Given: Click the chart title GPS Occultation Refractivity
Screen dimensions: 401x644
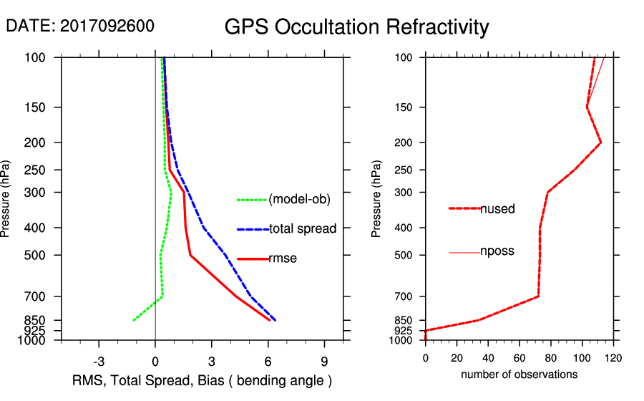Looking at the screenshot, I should (356, 27).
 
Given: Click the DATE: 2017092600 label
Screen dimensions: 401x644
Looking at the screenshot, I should (79, 26).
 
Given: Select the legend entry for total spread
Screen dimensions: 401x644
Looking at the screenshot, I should (303, 229).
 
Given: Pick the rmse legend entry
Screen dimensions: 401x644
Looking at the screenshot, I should (282, 259).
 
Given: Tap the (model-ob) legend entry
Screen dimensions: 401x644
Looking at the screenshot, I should (299, 200).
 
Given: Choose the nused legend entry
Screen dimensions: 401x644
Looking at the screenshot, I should (497, 209).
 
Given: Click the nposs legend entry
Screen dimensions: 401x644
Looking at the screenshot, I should (497, 251).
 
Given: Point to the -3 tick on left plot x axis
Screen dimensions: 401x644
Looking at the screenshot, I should (99, 362).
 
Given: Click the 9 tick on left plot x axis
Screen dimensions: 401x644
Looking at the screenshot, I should (324, 362).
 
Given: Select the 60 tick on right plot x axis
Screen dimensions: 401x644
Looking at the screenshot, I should (519, 357).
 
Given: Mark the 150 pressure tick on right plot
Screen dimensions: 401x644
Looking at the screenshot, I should (410, 107).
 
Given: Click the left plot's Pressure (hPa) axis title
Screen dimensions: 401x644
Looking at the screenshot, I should (6, 198).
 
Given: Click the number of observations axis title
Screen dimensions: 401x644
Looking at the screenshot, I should (519, 375).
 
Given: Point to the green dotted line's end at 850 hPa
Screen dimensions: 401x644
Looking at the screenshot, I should (134, 320).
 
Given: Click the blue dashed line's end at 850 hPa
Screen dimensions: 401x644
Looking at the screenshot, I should (275, 320).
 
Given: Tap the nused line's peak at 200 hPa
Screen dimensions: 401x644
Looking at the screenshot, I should (601, 142).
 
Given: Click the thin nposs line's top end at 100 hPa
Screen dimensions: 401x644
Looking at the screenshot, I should (605, 58).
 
